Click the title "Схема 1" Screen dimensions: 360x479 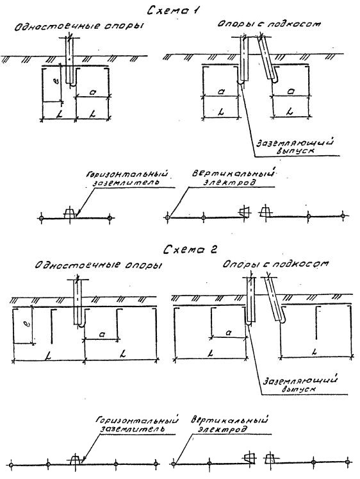coord(173,11)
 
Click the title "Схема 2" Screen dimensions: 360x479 coord(190,249)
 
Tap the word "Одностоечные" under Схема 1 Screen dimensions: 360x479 coord(57,26)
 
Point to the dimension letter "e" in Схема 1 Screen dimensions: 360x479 coord(56,81)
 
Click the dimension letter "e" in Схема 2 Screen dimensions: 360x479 coord(26,324)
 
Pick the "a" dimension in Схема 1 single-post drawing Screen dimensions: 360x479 coord(93,92)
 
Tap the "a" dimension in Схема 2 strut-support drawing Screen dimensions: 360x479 coord(228,332)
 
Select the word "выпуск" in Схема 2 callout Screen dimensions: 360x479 coord(299,389)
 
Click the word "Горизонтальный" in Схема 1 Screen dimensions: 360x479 coord(127,174)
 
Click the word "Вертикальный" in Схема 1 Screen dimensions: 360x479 coord(233,174)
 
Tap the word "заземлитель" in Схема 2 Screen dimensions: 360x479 coord(133,428)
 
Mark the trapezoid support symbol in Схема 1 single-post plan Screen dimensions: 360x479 coord(70,213)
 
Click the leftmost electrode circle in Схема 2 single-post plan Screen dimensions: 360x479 coord(11,465)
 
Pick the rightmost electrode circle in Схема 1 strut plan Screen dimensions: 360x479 coord(343,215)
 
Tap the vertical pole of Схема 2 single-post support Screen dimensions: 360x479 coord(78,303)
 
